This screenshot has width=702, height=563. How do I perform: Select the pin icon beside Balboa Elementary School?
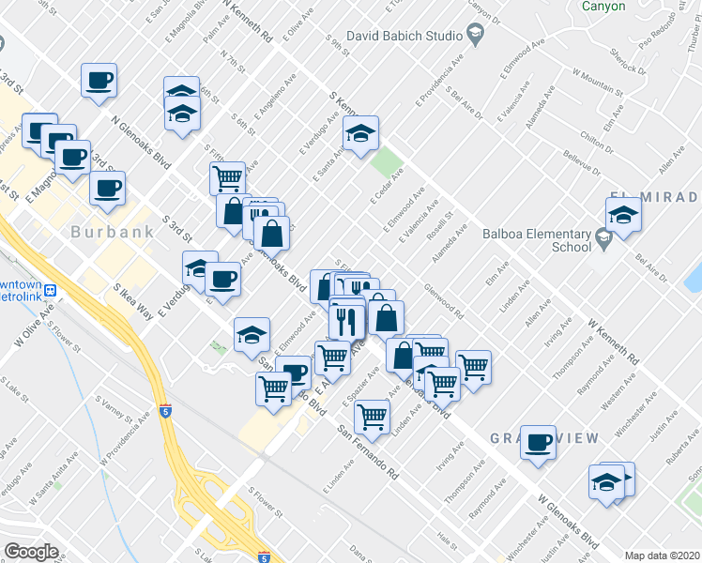coord(603,241)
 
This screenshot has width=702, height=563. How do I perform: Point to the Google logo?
coord(31,552)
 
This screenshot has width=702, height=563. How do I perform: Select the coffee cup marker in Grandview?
coord(539,442)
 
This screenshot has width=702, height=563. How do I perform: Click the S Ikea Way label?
coord(133,302)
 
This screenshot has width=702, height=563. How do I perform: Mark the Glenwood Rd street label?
coord(444,302)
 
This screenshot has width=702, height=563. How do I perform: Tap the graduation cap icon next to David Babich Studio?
coord(475,36)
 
